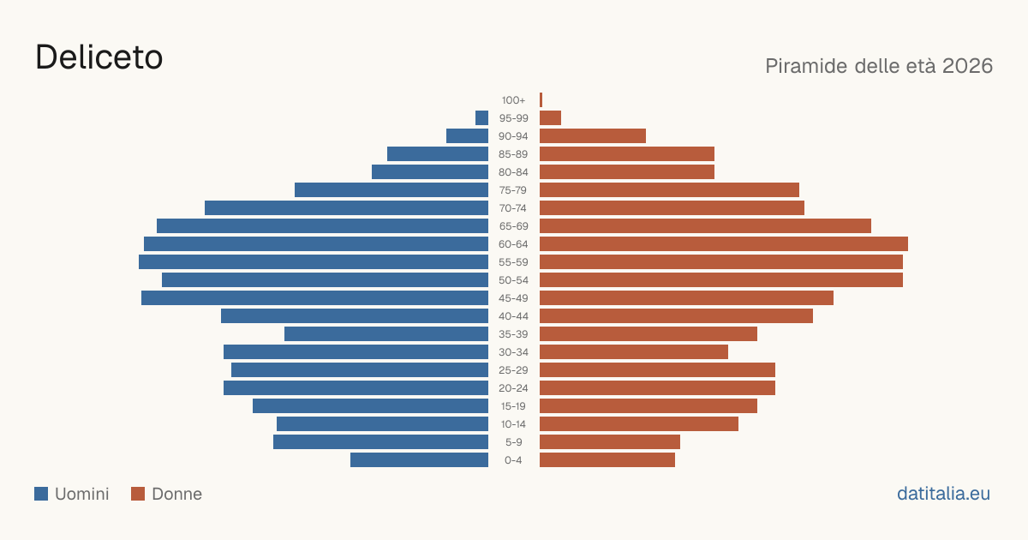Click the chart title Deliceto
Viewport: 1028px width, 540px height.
99,57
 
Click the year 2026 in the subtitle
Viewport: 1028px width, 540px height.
967,66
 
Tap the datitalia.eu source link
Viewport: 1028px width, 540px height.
943,494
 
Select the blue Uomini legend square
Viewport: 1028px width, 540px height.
41,494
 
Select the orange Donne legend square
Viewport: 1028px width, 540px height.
138,494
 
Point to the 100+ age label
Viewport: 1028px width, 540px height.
513,100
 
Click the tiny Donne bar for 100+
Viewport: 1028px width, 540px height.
541,100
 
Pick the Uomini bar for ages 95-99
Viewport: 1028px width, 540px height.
481,118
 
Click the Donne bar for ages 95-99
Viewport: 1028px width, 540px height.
550,118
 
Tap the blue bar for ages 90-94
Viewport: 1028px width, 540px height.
467,136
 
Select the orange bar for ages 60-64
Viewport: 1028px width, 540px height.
724,243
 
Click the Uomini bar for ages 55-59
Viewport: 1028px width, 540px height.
314,261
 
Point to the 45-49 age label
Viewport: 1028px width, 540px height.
513,298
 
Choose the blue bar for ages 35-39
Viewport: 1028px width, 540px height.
386,333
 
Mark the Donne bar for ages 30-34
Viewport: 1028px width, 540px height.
634,351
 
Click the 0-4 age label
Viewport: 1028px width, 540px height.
513,460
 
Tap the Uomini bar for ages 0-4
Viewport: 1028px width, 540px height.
420,459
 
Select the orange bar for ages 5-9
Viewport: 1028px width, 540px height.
610,441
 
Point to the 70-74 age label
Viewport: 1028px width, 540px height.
513,208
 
